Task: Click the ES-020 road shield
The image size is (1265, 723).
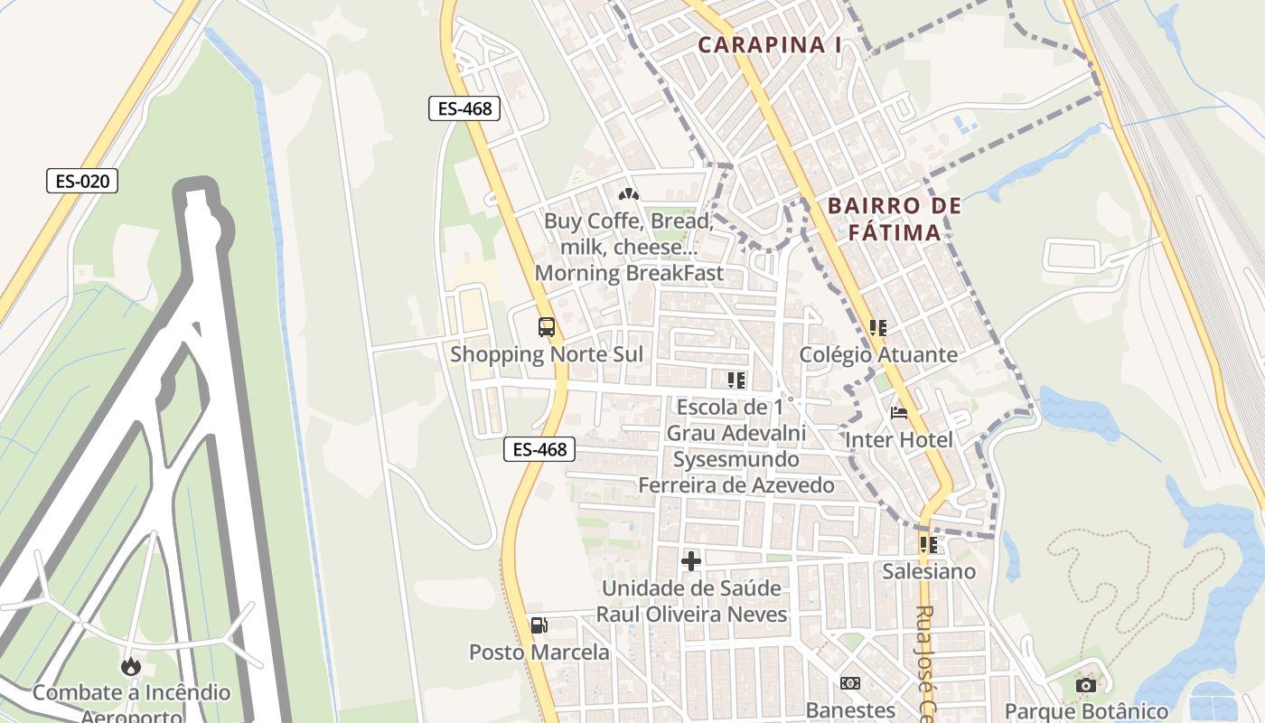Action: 82,181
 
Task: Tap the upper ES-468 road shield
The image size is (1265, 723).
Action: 464,109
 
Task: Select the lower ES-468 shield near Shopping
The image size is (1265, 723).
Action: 539,448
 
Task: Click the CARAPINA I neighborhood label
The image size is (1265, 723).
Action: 770,44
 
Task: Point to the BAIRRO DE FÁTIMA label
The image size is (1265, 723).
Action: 895,220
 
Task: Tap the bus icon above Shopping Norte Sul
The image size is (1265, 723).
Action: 546,327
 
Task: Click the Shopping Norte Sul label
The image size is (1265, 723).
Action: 547,354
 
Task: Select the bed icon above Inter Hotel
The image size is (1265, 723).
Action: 899,413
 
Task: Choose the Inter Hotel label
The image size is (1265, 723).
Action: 899,440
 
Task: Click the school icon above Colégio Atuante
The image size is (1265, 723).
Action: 877,327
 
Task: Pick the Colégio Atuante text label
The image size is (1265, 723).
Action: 878,354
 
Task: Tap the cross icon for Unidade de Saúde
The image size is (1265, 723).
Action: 691,561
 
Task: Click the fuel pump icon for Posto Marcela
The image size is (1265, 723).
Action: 539,624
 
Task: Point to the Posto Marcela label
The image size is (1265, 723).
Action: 539,652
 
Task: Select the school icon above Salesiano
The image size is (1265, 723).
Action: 928,544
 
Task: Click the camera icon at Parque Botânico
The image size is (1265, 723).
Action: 1086,685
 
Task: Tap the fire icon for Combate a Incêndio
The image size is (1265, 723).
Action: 131,666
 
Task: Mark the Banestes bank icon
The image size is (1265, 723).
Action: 849,683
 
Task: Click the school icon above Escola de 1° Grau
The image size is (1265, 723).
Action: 736,380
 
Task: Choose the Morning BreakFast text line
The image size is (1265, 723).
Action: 629,273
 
